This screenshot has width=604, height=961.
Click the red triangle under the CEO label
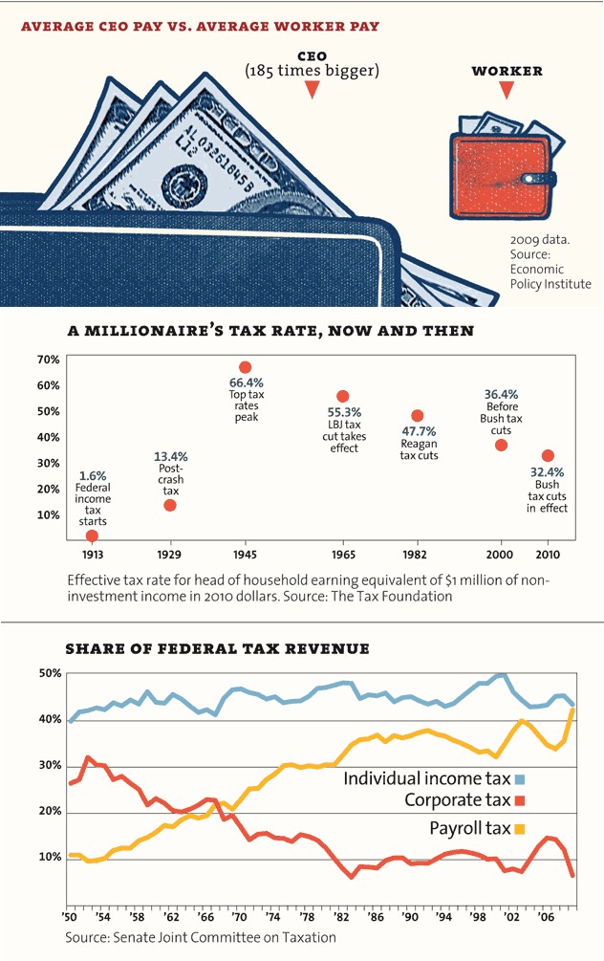pos(312,90)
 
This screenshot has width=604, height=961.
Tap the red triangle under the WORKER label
pos(507,91)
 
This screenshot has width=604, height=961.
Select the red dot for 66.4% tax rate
pos(245,367)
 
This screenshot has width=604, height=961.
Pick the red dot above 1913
pos(92,535)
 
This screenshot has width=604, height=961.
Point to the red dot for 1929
pos(170,505)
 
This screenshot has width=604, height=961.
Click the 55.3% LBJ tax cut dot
pos(343,396)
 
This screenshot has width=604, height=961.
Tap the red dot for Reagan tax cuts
pos(418,415)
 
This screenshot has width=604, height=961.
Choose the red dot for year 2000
pos(501,446)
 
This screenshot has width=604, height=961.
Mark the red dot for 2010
pos(548,456)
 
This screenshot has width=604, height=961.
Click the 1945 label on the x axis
pos(245,555)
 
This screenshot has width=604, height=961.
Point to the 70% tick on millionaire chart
pos(49,360)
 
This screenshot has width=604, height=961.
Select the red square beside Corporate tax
pos(520,799)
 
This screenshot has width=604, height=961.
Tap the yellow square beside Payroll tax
pos(520,828)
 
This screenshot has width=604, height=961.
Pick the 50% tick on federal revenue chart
pos(50,673)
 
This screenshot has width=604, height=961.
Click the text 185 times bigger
pos(312,70)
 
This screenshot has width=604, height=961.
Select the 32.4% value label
pos(548,472)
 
